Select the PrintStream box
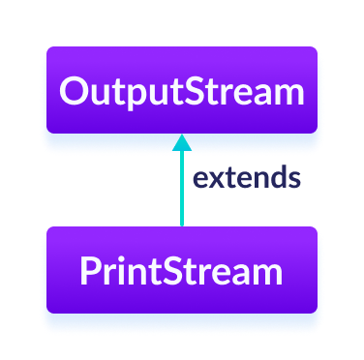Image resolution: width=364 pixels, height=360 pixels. [182, 271]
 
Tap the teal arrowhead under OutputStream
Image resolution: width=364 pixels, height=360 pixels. [182, 142]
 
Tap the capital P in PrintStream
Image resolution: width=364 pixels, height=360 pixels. [90, 272]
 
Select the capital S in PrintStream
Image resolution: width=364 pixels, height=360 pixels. [173, 272]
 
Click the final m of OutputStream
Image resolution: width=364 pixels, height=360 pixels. [288, 94]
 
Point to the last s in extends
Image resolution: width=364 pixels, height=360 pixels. [291, 179]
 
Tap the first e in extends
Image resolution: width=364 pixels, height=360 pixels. [199, 179]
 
